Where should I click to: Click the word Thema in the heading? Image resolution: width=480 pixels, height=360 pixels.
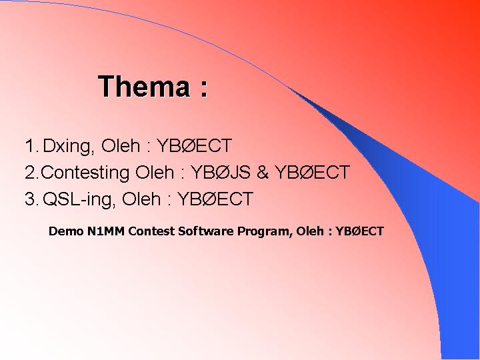click(x=144, y=86)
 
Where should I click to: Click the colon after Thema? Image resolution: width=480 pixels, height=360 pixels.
click(x=205, y=89)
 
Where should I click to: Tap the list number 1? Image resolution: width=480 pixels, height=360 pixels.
click(x=31, y=145)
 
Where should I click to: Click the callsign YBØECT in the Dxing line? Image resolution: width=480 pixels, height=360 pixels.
click(x=194, y=145)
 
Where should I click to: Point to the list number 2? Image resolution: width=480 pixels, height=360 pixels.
click(x=31, y=173)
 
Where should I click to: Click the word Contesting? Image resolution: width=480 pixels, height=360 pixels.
click(x=85, y=173)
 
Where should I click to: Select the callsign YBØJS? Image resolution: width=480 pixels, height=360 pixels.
click(x=221, y=172)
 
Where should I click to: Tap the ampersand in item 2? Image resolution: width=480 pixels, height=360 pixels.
click(x=263, y=172)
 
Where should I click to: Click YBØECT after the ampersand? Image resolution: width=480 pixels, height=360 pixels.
click(x=312, y=172)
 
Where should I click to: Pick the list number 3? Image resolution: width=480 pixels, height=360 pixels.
click(x=31, y=199)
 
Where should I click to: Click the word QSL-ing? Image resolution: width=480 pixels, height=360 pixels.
click(x=79, y=199)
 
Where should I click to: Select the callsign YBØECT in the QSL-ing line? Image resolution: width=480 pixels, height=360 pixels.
click(x=215, y=199)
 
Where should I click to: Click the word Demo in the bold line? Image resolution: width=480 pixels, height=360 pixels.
click(x=66, y=231)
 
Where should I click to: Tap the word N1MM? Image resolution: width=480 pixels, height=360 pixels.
click(x=106, y=231)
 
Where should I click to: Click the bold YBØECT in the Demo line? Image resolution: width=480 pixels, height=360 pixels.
click(x=360, y=231)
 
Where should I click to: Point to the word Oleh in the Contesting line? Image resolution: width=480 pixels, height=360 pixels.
click(x=155, y=172)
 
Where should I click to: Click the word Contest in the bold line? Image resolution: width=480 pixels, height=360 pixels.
click(x=151, y=231)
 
